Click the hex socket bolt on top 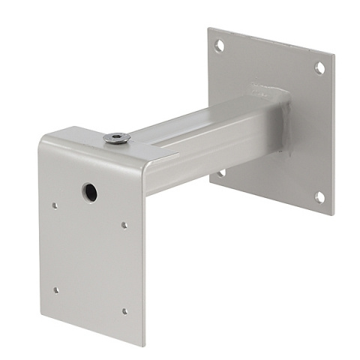[116, 137]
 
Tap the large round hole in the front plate [89, 192]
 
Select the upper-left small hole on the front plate [55, 203]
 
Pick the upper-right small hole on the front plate [124, 224]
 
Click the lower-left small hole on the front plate [55, 289]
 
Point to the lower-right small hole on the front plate [124, 310]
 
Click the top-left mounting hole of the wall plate [219, 46]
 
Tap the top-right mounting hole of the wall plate [319, 68]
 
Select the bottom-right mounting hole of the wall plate [319, 197]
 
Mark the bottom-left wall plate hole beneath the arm [222, 173]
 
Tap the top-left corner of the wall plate [210, 29]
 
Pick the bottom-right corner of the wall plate [331, 214]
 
